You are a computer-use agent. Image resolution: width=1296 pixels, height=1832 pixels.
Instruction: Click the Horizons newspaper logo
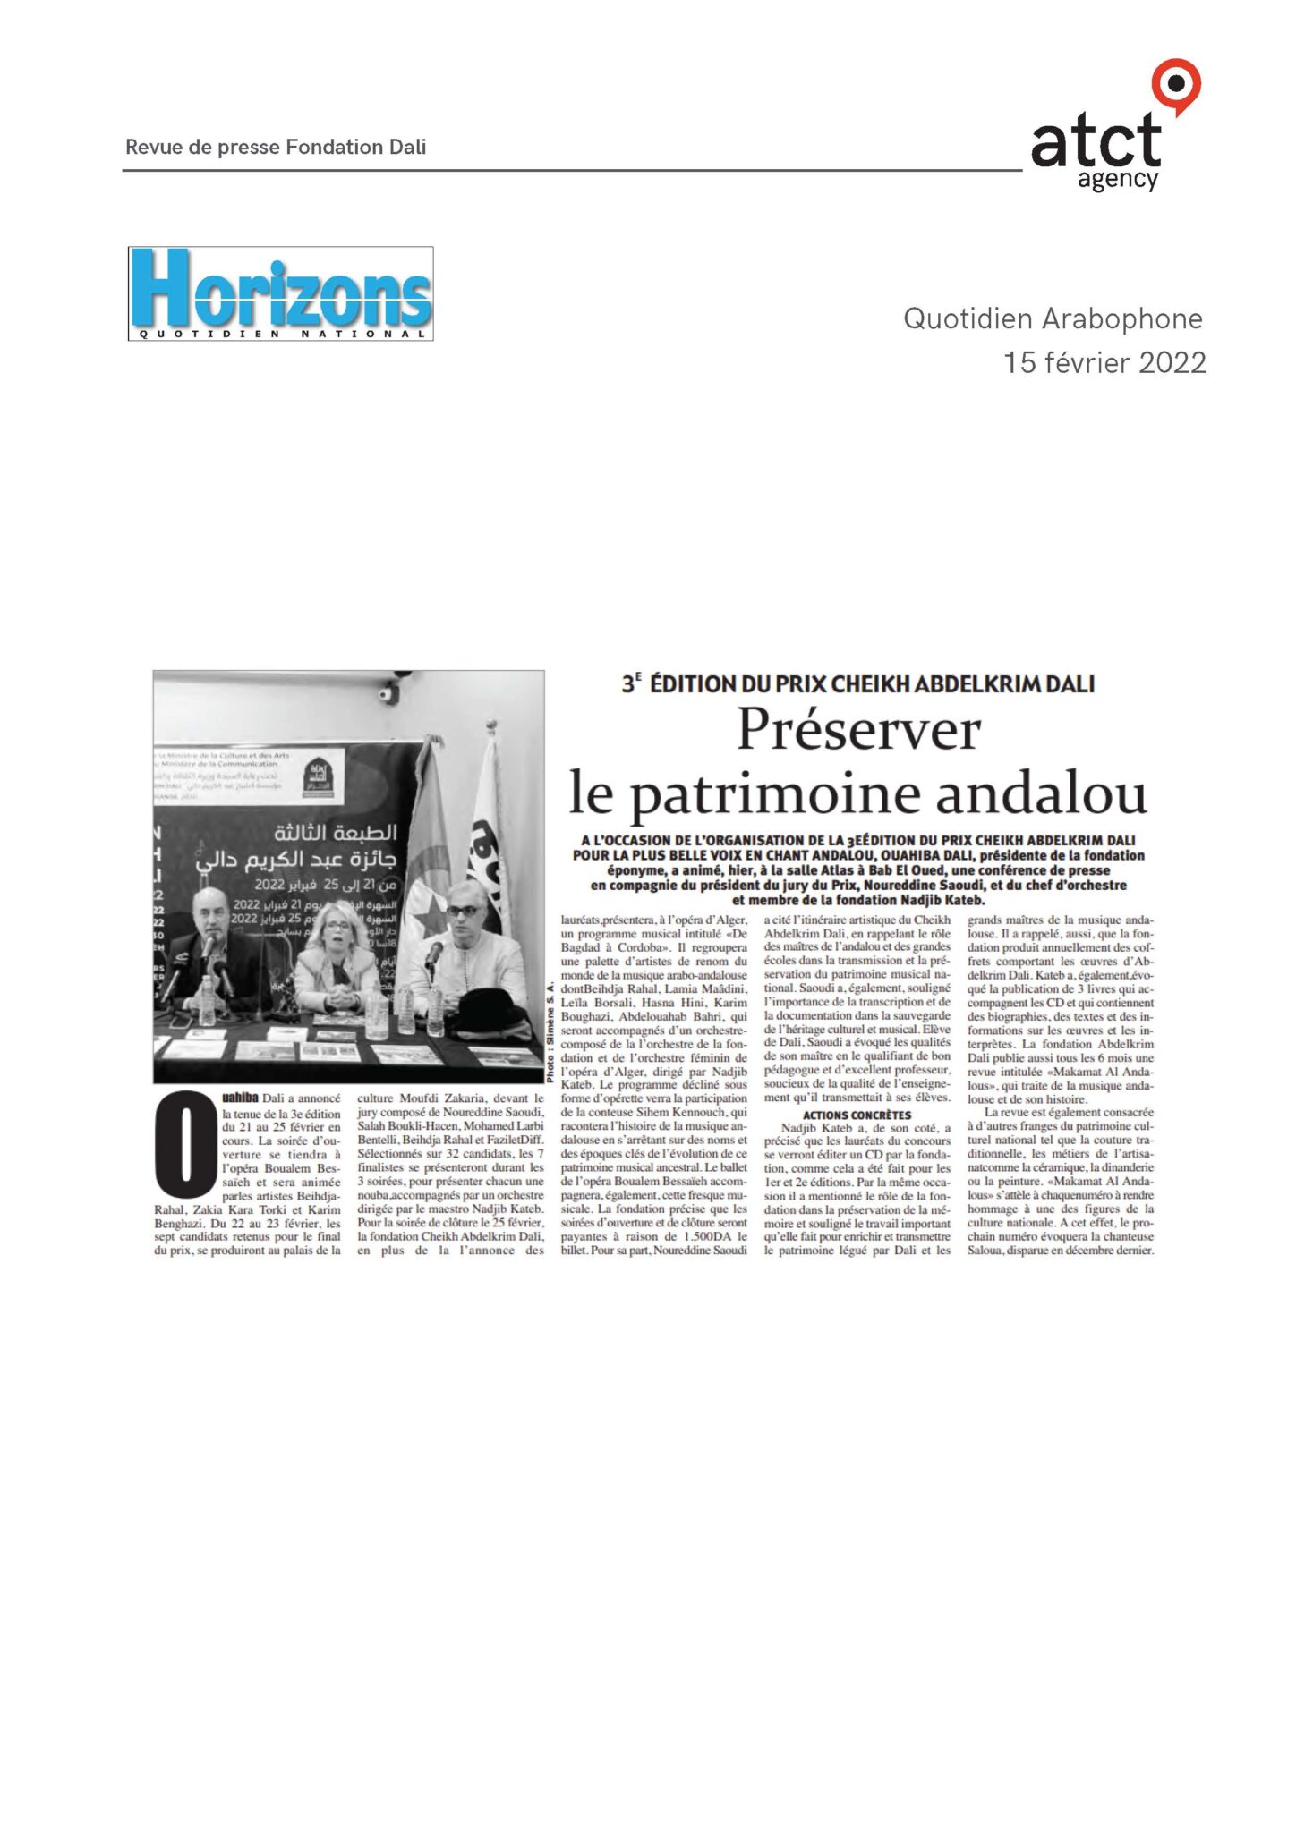(x=280, y=293)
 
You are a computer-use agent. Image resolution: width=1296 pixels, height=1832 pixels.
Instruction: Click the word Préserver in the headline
(x=858, y=731)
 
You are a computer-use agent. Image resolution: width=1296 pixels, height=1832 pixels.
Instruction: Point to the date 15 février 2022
(x=1104, y=362)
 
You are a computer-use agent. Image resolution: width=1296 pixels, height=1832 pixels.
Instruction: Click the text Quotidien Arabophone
(x=1053, y=318)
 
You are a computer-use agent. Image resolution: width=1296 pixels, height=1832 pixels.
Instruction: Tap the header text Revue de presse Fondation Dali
(x=276, y=147)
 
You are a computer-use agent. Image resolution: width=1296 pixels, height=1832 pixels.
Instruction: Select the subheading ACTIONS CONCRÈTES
(x=857, y=1115)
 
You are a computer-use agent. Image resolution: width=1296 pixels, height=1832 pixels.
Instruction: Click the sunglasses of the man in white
(x=462, y=910)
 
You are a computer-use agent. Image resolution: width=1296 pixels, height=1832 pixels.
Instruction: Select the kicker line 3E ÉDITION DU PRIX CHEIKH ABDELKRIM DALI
(x=857, y=684)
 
